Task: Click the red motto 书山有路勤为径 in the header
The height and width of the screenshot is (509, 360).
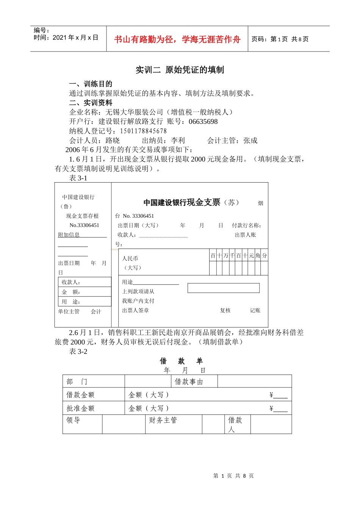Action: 177,39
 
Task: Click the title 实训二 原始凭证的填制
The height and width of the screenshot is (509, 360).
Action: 180,70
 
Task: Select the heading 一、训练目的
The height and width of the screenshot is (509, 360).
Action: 91,84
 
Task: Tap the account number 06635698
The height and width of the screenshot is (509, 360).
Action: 203,122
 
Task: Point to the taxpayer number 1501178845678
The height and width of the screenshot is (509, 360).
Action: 143,131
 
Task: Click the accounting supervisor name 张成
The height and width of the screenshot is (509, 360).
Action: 250,141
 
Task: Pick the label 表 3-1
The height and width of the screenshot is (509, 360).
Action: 78,178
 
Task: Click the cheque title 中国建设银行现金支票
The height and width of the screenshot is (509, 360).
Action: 182,203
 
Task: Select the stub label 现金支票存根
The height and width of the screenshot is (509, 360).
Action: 82,216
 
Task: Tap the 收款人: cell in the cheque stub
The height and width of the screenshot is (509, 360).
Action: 85,282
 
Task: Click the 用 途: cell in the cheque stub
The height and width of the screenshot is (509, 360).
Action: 85,302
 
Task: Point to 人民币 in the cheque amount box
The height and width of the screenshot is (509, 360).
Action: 130,258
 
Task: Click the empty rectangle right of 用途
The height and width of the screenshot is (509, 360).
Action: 224,288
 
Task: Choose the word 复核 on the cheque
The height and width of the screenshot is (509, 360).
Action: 225,311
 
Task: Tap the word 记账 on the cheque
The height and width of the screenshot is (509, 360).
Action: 255,311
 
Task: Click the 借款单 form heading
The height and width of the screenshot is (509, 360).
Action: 181,361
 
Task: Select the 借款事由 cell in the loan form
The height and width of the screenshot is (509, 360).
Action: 189,382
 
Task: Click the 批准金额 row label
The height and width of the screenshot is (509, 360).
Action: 80,408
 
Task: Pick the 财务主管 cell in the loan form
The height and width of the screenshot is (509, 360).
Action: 163,420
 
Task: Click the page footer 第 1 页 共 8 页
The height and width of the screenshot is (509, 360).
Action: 233,476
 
